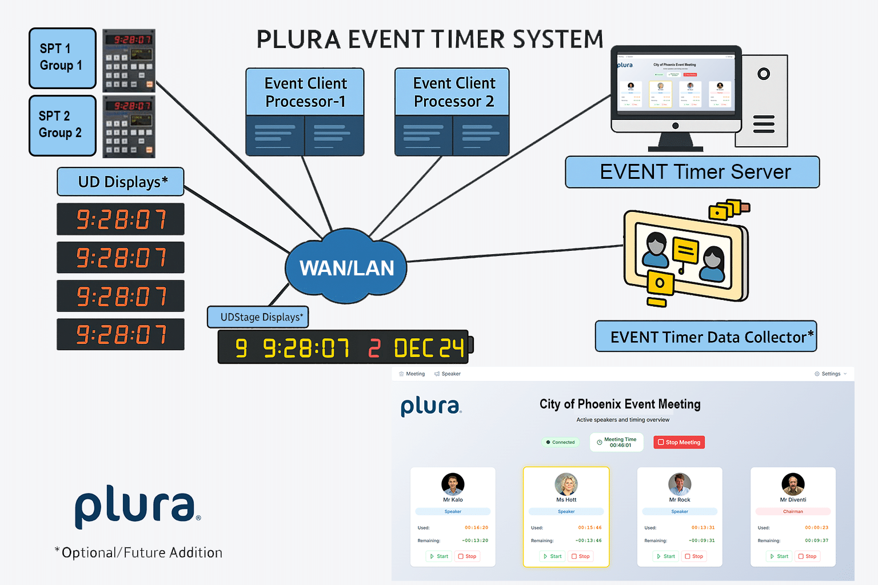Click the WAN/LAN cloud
(346, 267)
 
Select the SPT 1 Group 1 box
(62, 58)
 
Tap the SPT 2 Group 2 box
(62, 125)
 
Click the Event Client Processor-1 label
(305, 92)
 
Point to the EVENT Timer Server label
(692, 172)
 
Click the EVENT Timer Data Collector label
(706, 336)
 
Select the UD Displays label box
(121, 182)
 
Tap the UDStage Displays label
(258, 317)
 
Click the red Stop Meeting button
(679, 442)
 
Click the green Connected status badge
(560, 442)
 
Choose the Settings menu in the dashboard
(831, 374)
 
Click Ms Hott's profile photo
(566, 484)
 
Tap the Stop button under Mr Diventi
(807, 556)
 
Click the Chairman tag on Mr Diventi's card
(793, 511)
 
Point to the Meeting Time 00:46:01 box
(617, 442)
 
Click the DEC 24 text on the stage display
(429, 348)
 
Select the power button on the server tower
(764, 74)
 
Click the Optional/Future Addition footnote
(139, 552)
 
